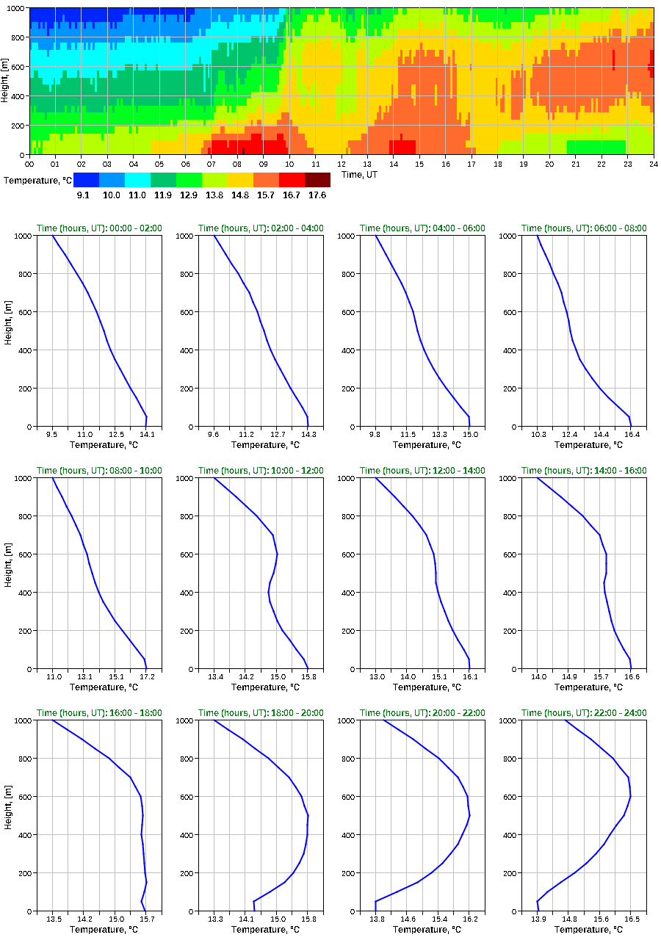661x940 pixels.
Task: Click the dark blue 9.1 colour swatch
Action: [86, 179]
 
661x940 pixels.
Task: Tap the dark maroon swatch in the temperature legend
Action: [317, 179]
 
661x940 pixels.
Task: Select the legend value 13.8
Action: [214, 195]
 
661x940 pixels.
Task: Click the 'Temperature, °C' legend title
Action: [36, 180]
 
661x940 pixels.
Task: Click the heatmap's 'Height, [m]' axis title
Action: [6, 81]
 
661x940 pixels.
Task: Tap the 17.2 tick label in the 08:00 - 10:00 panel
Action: [147, 677]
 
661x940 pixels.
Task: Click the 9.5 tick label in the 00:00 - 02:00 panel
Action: [52, 435]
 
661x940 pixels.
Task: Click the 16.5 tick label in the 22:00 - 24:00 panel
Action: [632, 919]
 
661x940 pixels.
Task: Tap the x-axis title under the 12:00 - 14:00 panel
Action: [422, 687]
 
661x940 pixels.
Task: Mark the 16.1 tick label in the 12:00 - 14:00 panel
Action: [470, 677]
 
